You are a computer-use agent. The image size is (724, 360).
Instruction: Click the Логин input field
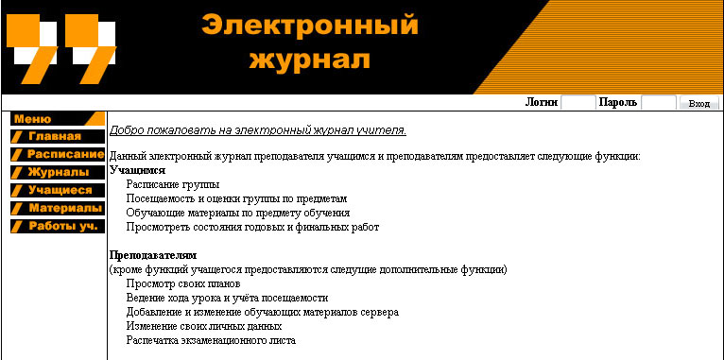point(577,103)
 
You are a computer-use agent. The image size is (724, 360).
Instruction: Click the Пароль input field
point(658,103)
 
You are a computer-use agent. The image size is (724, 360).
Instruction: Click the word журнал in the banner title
point(309,60)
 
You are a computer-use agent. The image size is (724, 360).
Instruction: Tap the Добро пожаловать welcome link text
point(257,130)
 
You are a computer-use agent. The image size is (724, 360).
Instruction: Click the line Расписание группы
point(173,184)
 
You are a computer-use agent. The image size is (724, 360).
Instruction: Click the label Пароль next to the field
point(617,103)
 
